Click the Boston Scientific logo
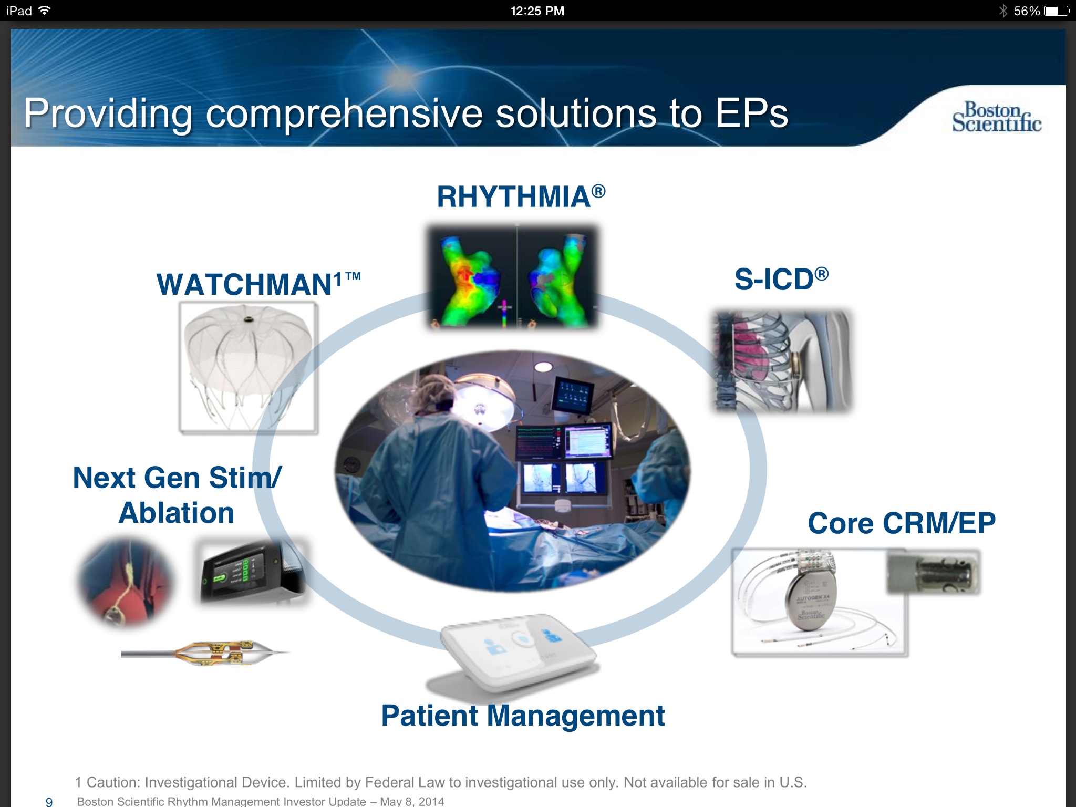pos(996,117)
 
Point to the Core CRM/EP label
pos(901,523)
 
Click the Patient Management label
pos(523,716)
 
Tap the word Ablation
pos(177,513)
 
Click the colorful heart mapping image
pos(512,277)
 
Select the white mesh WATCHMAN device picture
pos(248,367)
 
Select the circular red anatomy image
pos(125,582)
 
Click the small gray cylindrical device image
pos(933,573)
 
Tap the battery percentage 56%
pos(1026,11)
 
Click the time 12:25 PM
pos(537,11)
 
